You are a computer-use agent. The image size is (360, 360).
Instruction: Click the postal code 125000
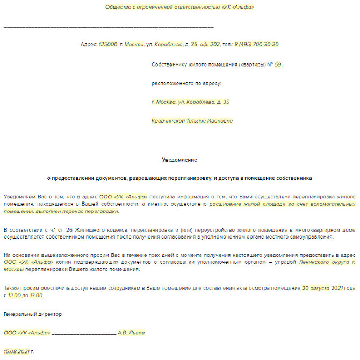point(108,45)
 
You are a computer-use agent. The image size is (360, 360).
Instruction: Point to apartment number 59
point(277,64)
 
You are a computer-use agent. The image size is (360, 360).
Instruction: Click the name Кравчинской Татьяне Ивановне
point(192,121)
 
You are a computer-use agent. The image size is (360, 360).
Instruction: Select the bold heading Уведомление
point(179,160)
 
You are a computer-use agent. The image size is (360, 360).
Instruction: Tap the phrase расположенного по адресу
point(186,83)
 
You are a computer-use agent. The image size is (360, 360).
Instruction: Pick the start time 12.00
point(15,295)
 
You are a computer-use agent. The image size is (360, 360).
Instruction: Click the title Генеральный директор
point(33,314)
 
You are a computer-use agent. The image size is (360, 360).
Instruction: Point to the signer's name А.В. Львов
point(131,333)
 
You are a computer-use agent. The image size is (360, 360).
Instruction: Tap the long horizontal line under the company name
point(108,27)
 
